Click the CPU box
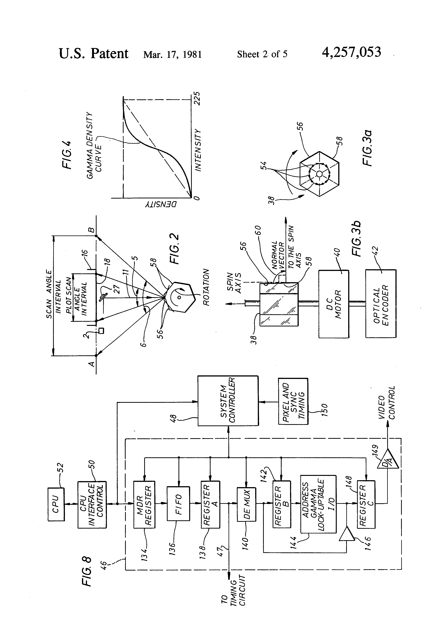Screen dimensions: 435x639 tap(56, 504)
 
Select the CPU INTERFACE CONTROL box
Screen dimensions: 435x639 tap(92, 504)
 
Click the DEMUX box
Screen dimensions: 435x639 tap(246, 504)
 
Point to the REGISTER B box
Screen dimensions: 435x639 tap(282, 504)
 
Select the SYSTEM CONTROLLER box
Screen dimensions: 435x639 tap(228, 401)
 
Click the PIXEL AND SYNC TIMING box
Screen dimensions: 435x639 tap(293, 401)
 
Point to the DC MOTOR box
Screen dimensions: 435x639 tap(334, 304)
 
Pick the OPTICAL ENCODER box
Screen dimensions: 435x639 tap(381, 304)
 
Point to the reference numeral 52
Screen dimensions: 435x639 tap(61, 468)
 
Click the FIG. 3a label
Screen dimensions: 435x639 tap(367, 148)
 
